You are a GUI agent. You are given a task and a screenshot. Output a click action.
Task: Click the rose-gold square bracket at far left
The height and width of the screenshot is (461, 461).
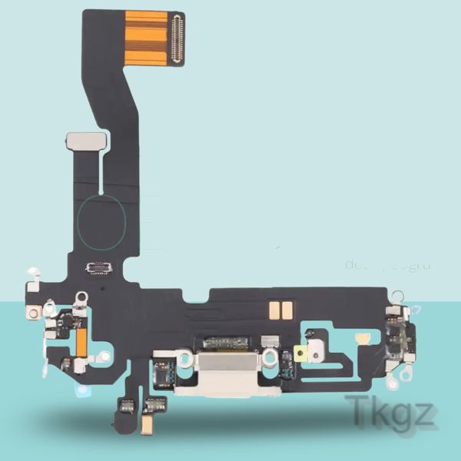coord(34,313)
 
